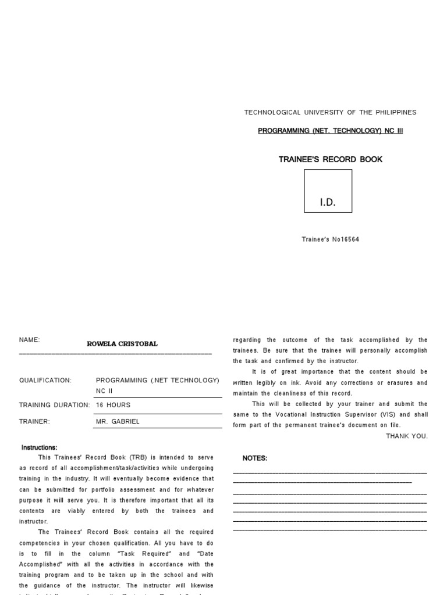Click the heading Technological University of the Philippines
click(x=330, y=112)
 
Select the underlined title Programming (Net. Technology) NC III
click(x=330, y=131)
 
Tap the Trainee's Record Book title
click(x=330, y=159)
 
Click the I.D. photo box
click(x=328, y=191)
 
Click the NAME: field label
click(x=29, y=340)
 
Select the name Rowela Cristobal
click(x=122, y=344)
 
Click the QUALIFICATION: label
click(x=45, y=381)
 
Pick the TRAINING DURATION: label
click(x=54, y=405)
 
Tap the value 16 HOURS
click(x=113, y=405)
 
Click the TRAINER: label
click(x=34, y=421)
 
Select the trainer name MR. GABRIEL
click(x=118, y=421)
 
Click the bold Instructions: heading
click(x=39, y=447)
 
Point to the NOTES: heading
click(x=254, y=458)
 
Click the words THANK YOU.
click(x=406, y=436)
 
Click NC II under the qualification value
click(x=104, y=391)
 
